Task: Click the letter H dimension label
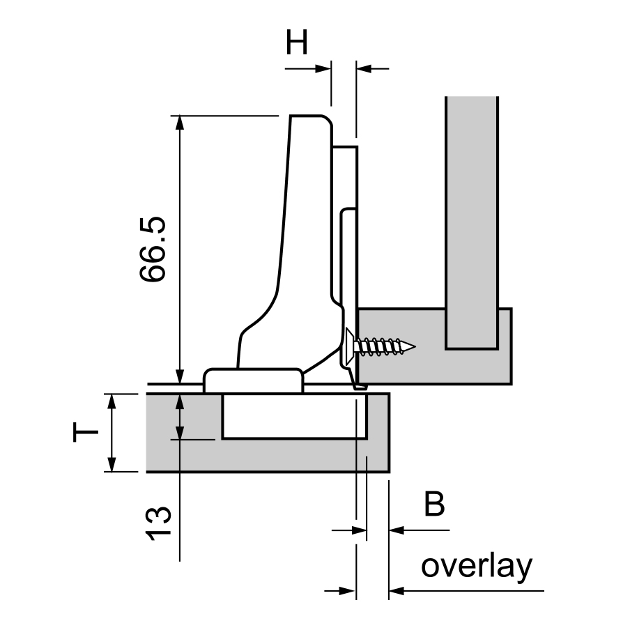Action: coord(296,44)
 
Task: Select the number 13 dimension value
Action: coord(158,523)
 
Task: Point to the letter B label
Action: coord(433,504)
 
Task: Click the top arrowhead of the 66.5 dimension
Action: coord(180,122)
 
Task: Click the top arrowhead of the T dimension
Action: coord(112,401)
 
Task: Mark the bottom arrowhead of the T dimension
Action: coord(112,464)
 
